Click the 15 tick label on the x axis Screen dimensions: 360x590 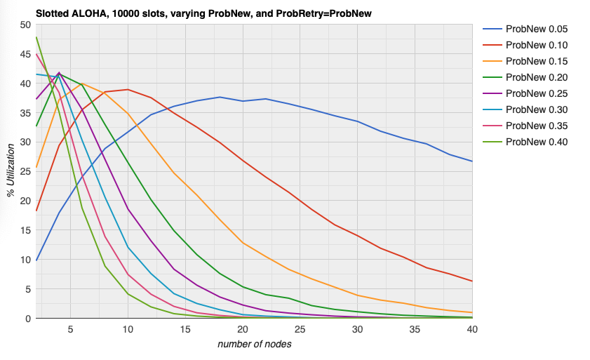186,329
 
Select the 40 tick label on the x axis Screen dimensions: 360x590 472,329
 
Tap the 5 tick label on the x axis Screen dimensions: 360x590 71,329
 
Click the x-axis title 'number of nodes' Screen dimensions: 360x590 254,344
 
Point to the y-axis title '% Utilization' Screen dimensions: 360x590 11,171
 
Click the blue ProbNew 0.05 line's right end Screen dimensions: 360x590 472,161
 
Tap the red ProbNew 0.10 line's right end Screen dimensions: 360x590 472,281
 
